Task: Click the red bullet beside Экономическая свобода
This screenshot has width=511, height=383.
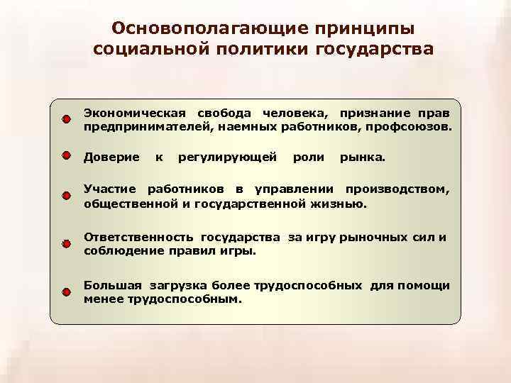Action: click(65, 118)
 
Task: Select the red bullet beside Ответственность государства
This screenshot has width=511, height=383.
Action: click(65, 243)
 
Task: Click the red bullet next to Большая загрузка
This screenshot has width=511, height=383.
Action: click(65, 292)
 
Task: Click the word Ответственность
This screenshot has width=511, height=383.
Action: click(138, 237)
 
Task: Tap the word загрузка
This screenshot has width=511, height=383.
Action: click(176, 285)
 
